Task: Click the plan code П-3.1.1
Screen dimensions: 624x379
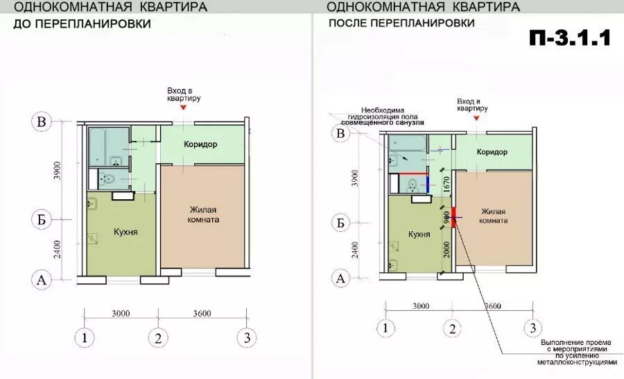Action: [x=569, y=39]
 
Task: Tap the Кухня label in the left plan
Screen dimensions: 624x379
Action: [x=125, y=232]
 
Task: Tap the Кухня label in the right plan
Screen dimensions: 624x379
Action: [x=419, y=235]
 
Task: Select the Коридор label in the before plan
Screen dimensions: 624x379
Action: [x=200, y=144]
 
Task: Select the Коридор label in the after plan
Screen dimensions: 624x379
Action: [x=492, y=152]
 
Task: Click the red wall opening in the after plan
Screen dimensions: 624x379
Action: [x=454, y=217]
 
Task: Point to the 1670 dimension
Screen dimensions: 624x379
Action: [x=447, y=185]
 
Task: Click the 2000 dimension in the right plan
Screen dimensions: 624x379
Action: [x=447, y=249]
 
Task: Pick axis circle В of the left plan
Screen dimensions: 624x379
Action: [x=42, y=122]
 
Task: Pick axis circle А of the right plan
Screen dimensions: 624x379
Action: [x=340, y=278]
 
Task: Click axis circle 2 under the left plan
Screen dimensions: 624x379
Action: [x=158, y=339]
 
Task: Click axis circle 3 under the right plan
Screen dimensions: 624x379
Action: [x=533, y=328]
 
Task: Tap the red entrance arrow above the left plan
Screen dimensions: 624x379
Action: [x=183, y=108]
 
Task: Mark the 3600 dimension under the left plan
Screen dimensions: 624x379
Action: [x=202, y=313]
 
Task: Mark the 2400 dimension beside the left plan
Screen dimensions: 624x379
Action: [x=58, y=249]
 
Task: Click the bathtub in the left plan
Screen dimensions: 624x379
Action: [x=109, y=146]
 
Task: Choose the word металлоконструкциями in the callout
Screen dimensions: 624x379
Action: [x=576, y=362]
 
